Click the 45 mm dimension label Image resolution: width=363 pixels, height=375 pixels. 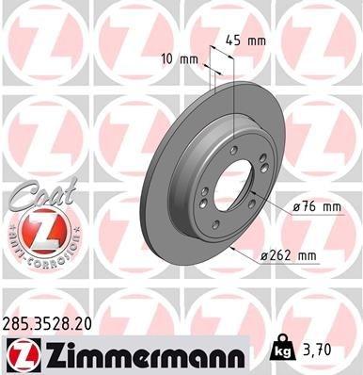tap(248, 41)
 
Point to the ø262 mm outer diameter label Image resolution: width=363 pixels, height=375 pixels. tap(287, 254)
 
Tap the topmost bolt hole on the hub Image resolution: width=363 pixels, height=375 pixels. tap(232, 148)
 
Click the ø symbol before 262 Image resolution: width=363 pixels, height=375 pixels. tap(262, 254)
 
